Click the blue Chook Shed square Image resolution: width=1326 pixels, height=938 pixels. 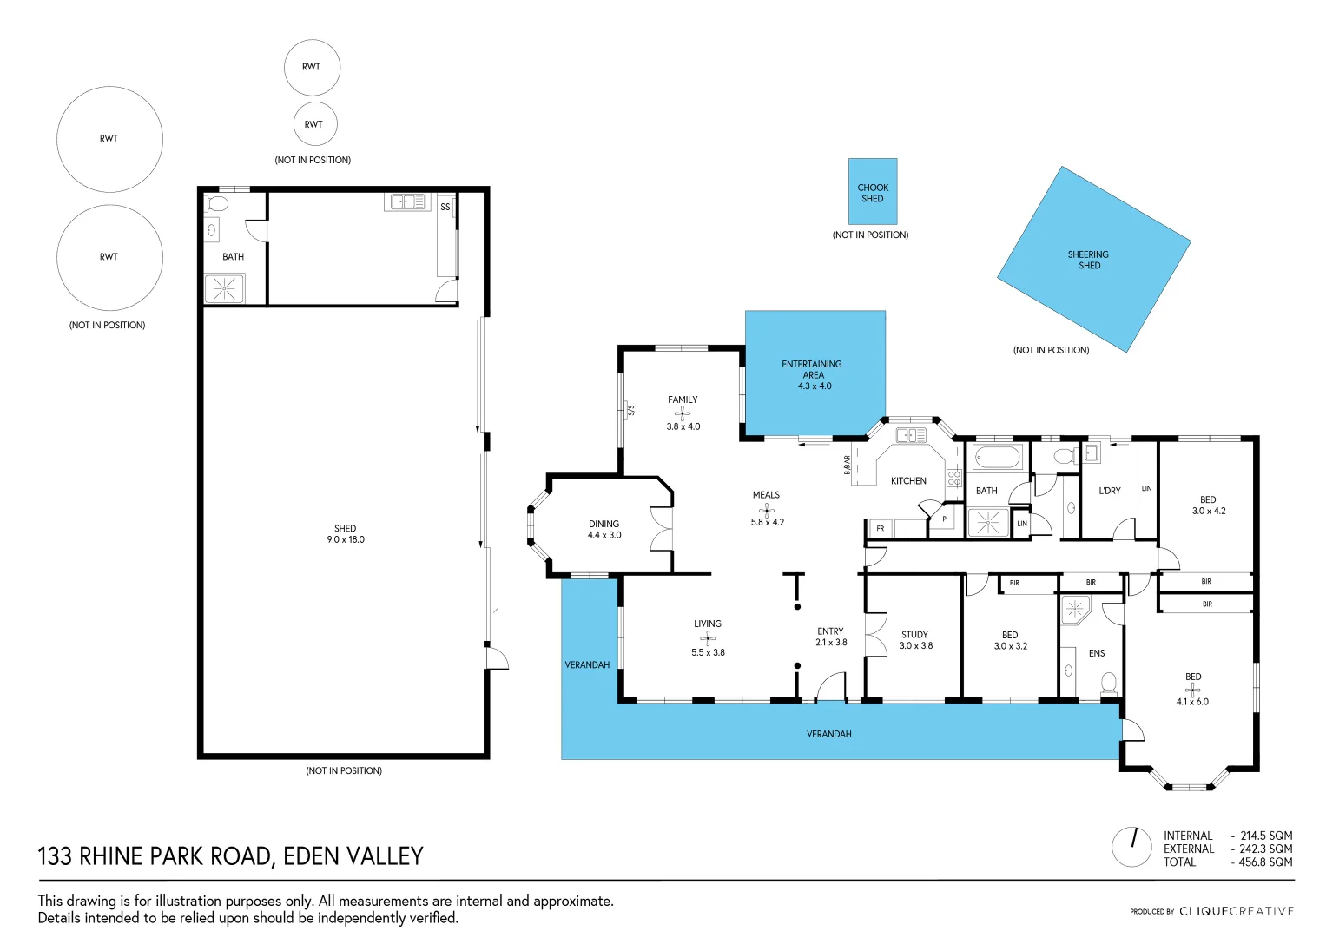pyautogui.click(x=872, y=192)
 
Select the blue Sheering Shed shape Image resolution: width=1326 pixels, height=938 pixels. pyautogui.click(x=1093, y=260)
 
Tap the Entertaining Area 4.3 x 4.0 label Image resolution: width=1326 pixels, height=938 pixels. pyautogui.click(x=813, y=375)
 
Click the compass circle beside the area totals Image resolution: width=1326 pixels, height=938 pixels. pyautogui.click(x=1131, y=847)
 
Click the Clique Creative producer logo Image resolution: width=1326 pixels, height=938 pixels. pyautogui.click(x=1236, y=911)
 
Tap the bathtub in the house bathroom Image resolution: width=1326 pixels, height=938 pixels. pyautogui.click(x=997, y=457)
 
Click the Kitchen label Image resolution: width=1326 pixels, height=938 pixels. pyautogui.click(x=908, y=481)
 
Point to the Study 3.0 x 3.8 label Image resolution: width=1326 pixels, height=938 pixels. pyautogui.click(x=915, y=640)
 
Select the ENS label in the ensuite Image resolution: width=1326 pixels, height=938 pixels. pyautogui.click(x=1097, y=653)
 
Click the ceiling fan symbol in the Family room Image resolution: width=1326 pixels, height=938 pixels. pyautogui.click(x=683, y=413)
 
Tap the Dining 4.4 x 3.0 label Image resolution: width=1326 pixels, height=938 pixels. pyautogui.click(x=604, y=530)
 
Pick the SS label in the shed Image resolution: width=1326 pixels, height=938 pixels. pyautogui.click(x=445, y=207)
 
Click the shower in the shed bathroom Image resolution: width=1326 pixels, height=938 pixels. pyautogui.click(x=224, y=289)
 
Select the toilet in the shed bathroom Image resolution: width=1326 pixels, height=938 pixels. pyautogui.click(x=217, y=204)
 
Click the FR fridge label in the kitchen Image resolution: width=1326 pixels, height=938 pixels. pyautogui.click(x=880, y=528)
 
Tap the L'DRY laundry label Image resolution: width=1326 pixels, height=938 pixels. pyautogui.click(x=1110, y=491)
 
